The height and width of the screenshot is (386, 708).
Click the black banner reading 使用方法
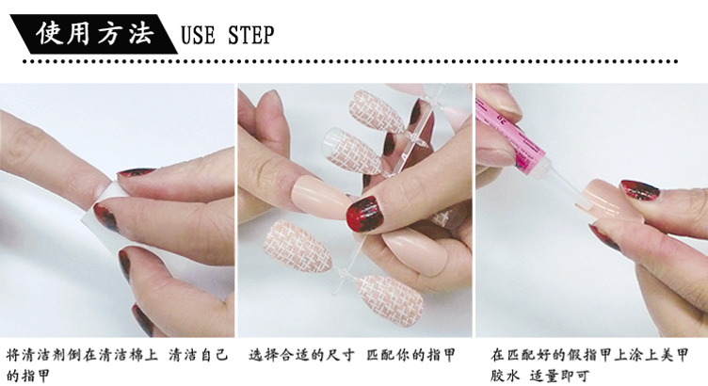coord(93,34)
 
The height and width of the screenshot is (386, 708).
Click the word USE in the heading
coord(198,35)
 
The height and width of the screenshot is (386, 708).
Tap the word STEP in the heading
coord(251,35)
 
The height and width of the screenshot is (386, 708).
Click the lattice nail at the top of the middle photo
coord(377,110)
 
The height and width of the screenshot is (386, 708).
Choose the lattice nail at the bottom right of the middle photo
coord(390,299)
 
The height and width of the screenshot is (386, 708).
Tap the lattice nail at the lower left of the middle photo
coord(298,245)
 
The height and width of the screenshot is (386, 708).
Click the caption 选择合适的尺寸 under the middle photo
coord(301,355)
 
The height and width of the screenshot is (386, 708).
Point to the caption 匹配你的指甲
coord(411,355)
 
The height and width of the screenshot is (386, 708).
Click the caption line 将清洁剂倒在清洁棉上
coord(82,355)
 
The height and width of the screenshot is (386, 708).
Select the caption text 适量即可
coord(559,375)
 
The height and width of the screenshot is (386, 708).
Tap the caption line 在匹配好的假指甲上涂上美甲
coord(589,355)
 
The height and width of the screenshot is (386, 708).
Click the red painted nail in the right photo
coord(640,189)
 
